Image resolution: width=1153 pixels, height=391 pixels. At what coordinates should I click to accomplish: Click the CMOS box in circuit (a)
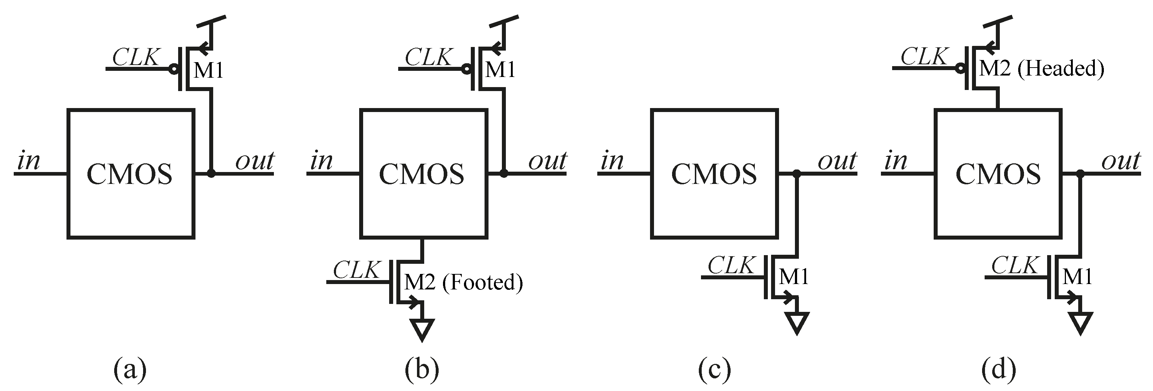point(131,174)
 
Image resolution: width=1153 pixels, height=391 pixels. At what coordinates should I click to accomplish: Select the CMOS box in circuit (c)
point(714,174)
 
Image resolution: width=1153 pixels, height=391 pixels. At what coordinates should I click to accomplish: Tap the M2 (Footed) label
point(463,283)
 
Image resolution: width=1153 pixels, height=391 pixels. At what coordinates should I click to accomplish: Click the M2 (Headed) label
point(1041,69)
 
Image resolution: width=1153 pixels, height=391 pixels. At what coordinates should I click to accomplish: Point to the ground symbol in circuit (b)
point(422,329)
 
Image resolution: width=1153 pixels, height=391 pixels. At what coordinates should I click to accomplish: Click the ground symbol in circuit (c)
point(797,322)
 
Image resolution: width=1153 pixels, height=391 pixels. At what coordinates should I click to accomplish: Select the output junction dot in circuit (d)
point(1080,173)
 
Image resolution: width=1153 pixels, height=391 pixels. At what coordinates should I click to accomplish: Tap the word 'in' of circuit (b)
point(321,161)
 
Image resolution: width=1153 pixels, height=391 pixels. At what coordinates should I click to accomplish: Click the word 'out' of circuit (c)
point(837,161)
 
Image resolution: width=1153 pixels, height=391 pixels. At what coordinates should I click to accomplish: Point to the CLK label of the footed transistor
point(356,270)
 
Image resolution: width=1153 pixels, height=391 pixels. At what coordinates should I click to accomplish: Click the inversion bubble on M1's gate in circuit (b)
point(466,69)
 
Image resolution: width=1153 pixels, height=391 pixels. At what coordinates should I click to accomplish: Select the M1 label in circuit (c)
point(793,277)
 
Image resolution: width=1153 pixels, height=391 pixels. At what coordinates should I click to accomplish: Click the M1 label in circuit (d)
point(1077,277)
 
